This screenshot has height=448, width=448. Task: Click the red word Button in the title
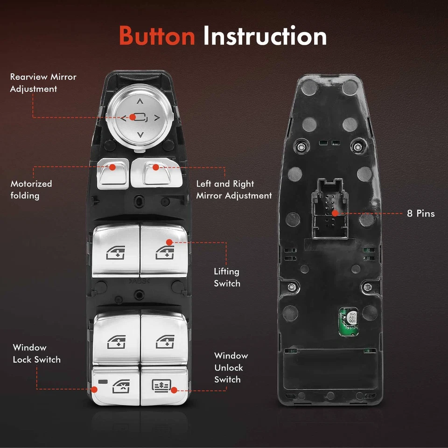(157, 35)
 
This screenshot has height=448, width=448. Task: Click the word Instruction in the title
(265, 35)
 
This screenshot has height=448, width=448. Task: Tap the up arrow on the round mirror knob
(140, 101)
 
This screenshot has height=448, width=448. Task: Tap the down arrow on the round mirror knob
(140, 135)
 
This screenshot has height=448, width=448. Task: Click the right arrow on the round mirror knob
(156, 118)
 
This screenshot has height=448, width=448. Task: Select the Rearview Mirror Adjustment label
(43, 83)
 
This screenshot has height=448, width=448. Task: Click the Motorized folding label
(31, 189)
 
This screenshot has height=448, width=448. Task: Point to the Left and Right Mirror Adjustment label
(233, 189)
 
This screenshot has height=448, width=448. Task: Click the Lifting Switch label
(227, 277)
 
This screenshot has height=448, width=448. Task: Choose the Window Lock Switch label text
(36, 353)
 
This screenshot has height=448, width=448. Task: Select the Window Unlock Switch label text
(231, 367)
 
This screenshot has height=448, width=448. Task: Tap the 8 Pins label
(420, 213)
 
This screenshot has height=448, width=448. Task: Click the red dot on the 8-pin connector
(334, 213)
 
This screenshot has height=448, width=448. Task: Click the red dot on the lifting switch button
(169, 242)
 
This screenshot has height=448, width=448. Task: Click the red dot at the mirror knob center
(133, 117)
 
